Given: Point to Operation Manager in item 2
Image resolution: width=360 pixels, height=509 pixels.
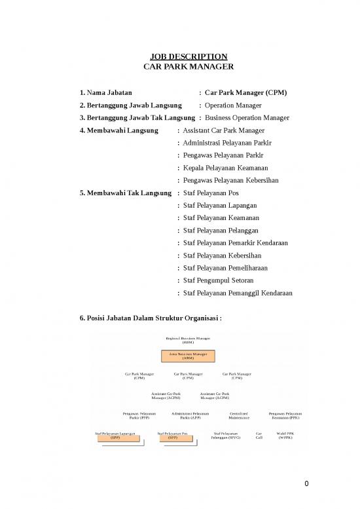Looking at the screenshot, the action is click(x=233, y=105).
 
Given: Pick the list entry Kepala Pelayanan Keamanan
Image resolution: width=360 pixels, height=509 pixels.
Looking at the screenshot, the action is click(x=226, y=168).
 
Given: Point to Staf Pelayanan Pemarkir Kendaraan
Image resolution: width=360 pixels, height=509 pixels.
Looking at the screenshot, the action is click(x=237, y=243).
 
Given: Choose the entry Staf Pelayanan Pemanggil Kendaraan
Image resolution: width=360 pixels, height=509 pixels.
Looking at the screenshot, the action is click(x=238, y=293).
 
